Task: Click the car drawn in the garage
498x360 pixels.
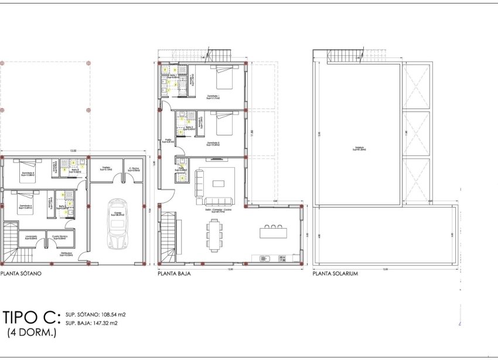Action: [x=115, y=225]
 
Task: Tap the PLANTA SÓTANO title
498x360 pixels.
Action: [x=21, y=273]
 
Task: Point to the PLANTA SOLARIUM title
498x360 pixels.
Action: [x=335, y=273]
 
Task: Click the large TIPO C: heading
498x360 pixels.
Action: [x=31, y=318]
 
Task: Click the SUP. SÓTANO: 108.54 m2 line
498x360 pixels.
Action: [x=95, y=315]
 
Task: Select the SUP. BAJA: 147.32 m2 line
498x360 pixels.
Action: [x=92, y=323]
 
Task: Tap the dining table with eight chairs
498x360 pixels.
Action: [x=215, y=233]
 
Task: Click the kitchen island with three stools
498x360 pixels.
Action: [x=274, y=232]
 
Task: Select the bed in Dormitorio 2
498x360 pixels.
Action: [x=224, y=124]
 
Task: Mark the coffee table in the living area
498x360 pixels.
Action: [x=218, y=183]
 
